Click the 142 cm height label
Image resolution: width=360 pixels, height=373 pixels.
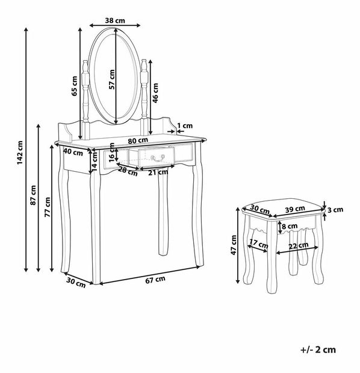pyautogui.click(x=20, y=152)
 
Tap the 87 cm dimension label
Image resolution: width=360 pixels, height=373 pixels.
pyautogui.click(x=33, y=195)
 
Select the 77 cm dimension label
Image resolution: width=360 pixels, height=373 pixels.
pyautogui.click(x=48, y=207)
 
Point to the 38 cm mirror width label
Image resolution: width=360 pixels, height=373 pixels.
pyautogui.click(x=115, y=20)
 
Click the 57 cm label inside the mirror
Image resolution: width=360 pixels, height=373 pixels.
pyautogui.click(x=111, y=80)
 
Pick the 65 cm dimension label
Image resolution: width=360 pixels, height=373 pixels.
pyautogui.click(x=75, y=86)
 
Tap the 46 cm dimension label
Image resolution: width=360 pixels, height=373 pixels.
pyautogui.click(x=155, y=93)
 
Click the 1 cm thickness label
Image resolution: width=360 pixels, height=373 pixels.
pyautogui.click(x=185, y=125)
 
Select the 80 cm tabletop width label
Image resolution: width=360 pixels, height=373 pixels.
pyautogui.click(x=138, y=140)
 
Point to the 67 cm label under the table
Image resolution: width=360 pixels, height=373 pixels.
pyautogui.click(x=155, y=280)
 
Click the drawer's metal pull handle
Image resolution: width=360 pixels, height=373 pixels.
pyautogui.click(x=158, y=158)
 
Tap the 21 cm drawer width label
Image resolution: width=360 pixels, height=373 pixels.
pyautogui.click(x=158, y=172)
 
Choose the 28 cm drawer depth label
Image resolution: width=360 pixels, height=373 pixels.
pyautogui.click(x=128, y=171)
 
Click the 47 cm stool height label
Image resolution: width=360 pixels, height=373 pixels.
pyautogui.click(x=234, y=245)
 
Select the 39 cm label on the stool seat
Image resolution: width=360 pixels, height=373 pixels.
pyautogui.click(x=295, y=209)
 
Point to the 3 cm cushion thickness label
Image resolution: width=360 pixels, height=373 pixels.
pyautogui.click(x=335, y=210)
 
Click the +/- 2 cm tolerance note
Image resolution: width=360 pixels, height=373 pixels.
pyautogui.click(x=318, y=349)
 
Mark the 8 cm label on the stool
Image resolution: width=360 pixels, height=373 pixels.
pyautogui.click(x=290, y=226)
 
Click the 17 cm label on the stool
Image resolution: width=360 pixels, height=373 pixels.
pyautogui.click(x=259, y=243)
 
